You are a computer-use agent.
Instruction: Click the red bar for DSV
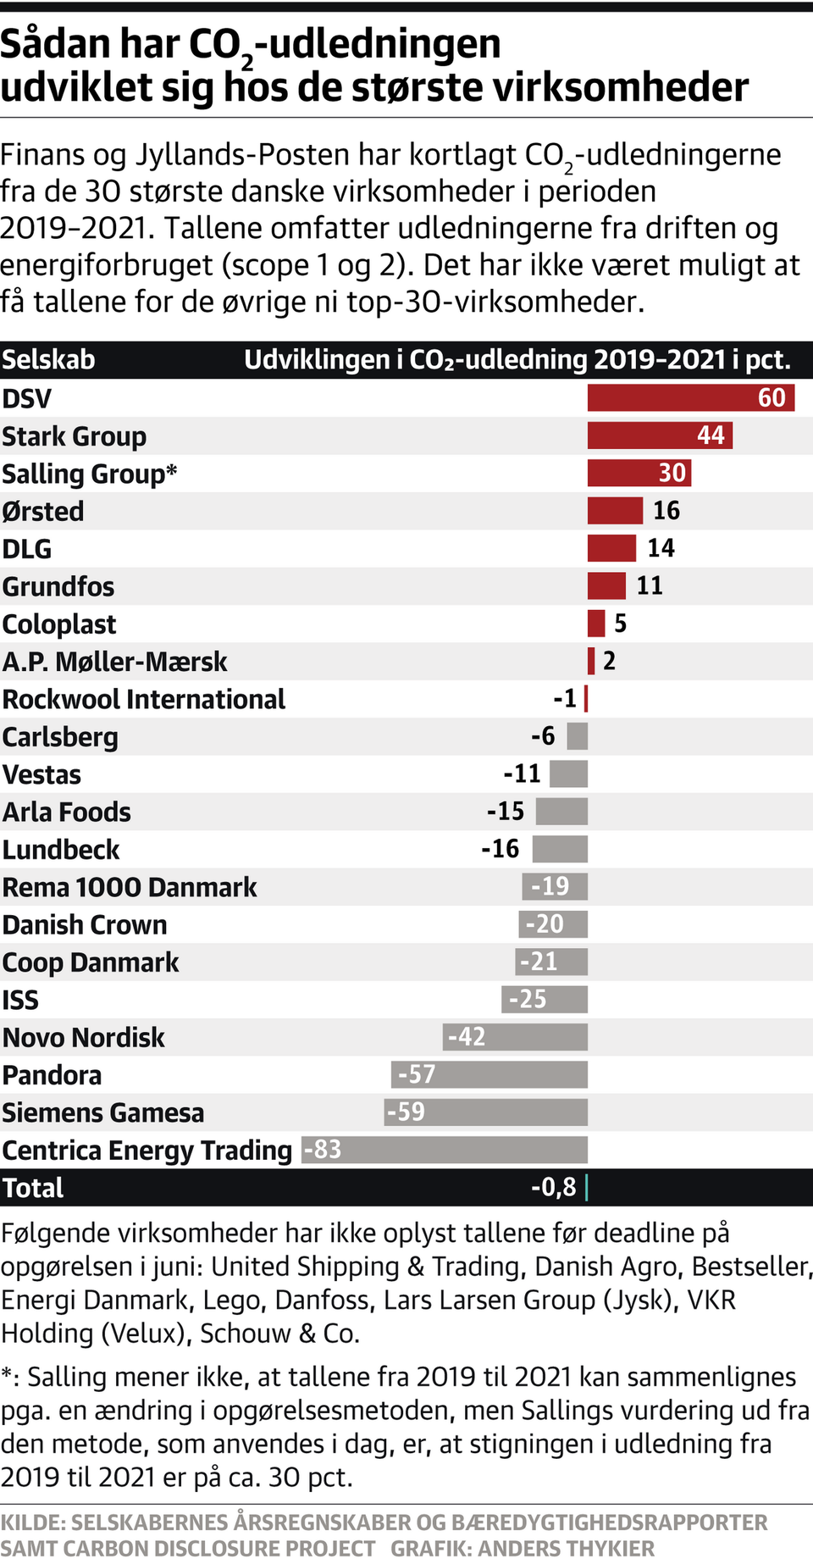(690, 397)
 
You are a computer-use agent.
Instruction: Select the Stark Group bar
(660, 435)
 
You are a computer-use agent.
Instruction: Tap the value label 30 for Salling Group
(672, 473)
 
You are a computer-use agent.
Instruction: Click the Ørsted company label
(43, 512)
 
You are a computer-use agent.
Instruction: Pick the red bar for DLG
(611, 548)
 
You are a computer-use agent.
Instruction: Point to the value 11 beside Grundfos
(650, 585)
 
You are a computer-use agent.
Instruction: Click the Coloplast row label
(59, 624)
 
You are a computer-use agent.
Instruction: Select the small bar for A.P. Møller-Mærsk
(591, 661)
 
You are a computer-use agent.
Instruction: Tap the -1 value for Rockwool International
(565, 699)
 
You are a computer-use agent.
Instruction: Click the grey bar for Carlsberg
(578, 736)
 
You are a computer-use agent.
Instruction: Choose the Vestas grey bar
(568, 774)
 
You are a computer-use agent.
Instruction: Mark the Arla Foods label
(67, 813)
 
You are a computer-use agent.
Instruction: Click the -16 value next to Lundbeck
(501, 849)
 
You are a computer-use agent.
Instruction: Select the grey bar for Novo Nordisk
(515, 1037)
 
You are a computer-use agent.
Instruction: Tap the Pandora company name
(53, 1075)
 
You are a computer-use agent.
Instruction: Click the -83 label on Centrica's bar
(323, 1150)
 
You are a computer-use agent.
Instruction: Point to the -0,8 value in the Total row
(554, 1188)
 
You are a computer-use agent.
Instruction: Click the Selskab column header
(48, 360)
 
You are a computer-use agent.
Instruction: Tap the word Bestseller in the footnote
(751, 1267)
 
